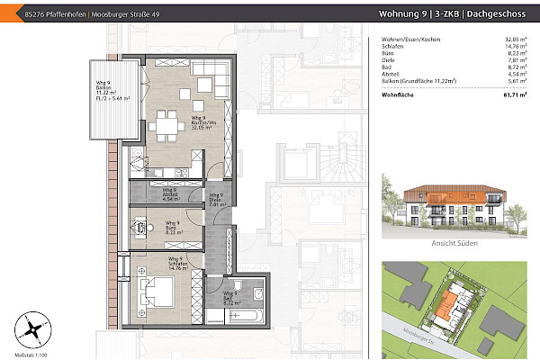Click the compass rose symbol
(x=32, y=328)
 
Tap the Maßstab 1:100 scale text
(x=31, y=355)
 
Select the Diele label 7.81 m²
(x=216, y=201)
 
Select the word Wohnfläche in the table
(x=399, y=94)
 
